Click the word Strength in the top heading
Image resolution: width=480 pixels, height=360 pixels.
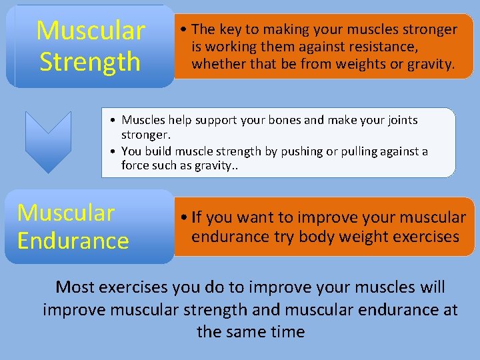90,62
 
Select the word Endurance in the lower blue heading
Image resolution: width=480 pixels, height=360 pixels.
73,240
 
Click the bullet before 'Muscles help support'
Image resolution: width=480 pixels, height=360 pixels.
114,121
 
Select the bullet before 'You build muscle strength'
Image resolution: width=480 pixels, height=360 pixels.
114,152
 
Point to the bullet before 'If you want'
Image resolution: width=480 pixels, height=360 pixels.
183,217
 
